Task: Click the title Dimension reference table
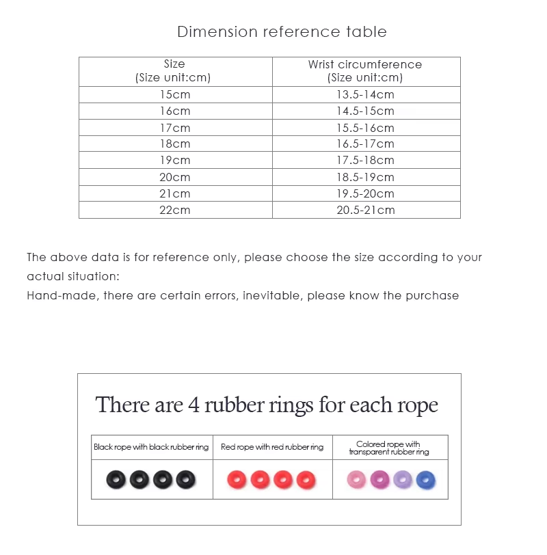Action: click(282, 32)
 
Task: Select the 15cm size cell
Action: click(175, 95)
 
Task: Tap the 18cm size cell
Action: click(175, 144)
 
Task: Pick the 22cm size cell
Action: click(175, 210)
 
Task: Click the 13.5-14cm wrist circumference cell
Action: click(365, 95)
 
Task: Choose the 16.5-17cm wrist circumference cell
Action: click(365, 144)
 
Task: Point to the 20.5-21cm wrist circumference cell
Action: click(365, 210)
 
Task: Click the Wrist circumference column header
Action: click(365, 71)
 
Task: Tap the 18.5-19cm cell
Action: click(365, 177)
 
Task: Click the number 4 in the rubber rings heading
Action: click(194, 405)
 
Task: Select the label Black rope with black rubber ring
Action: click(151, 447)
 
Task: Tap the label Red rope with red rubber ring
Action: click(272, 447)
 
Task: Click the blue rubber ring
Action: click(426, 480)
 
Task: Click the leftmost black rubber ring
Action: click(117, 480)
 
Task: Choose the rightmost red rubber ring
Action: click(306, 480)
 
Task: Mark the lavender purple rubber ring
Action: click(403, 480)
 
